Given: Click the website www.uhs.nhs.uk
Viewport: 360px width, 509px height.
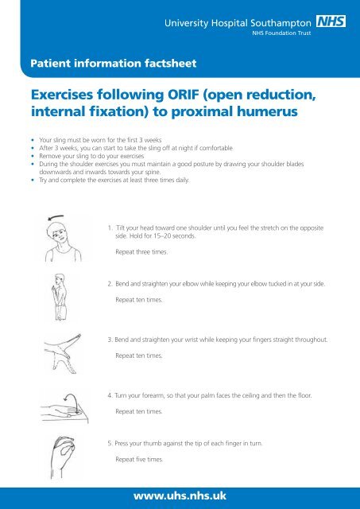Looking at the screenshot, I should point(180,495).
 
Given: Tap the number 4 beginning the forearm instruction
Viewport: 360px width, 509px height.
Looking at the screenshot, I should point(110,394).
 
